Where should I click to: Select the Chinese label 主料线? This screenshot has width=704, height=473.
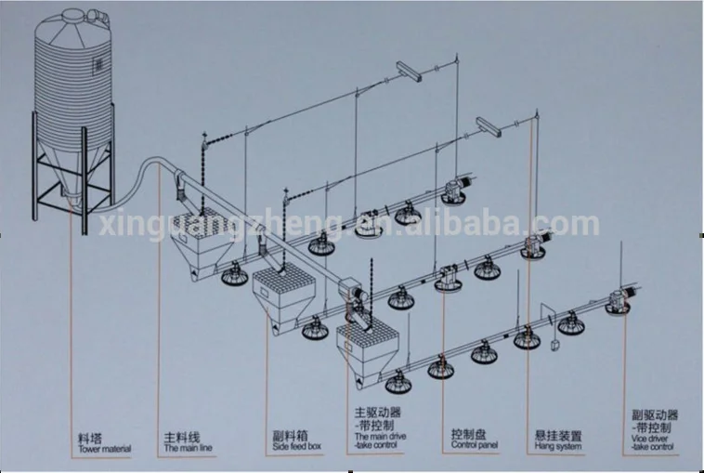(x=179, y=435)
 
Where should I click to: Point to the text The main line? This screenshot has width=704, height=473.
(x=188, y=447)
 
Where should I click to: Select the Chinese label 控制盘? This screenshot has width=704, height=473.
(x=464, y=435)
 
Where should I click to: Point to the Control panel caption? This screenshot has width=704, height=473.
(x=474, y=447)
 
